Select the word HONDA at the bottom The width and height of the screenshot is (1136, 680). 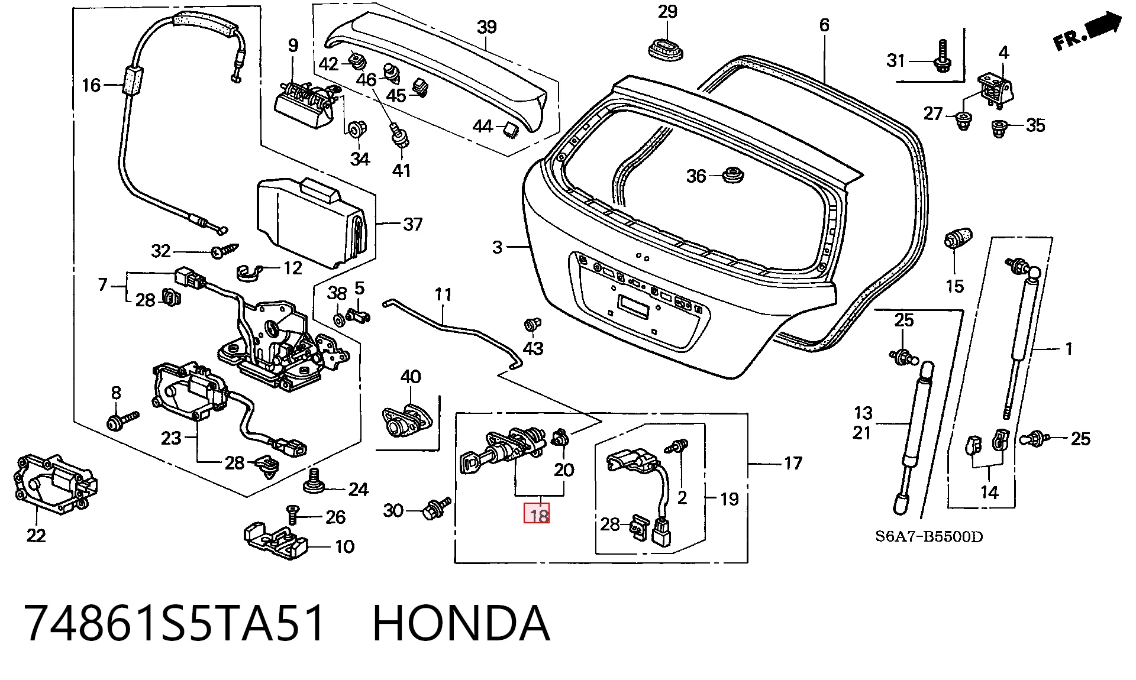(x=461, y=623)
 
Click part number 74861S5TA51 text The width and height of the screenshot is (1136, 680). (x=175, y=623)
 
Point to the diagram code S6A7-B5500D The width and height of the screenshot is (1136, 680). (x=928, y=537)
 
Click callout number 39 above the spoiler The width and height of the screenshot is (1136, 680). (x=486, y=27)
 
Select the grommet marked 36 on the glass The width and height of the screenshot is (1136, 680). (x=734, y=175)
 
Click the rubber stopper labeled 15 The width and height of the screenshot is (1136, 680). (x=958, y=238)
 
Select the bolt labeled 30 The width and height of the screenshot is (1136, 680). (x=436, y=509)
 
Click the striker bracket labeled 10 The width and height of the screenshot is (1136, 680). (x=276, y=540)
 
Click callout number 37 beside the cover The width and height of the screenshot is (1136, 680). (x=412, y=225)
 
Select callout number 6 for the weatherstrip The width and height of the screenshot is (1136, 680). (x=824, y=25)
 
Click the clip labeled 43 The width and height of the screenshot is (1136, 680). (x=533, y=325)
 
